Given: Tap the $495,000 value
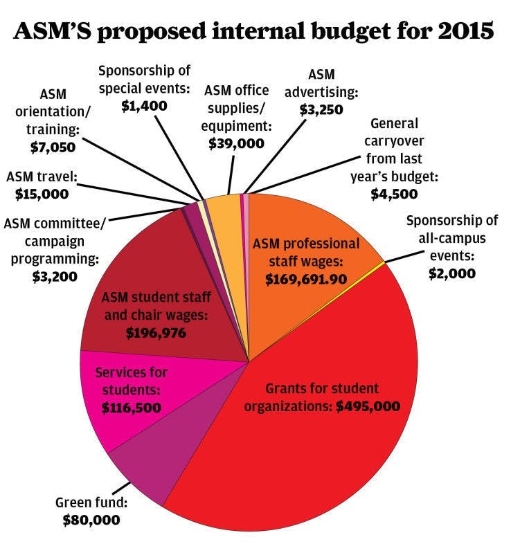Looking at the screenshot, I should pyautogui.click(x=368, y=406).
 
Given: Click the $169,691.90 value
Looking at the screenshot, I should pyautogui.click(x=306, y=278).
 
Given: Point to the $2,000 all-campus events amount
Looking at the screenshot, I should pyautogui.click(x=451, y=273).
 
